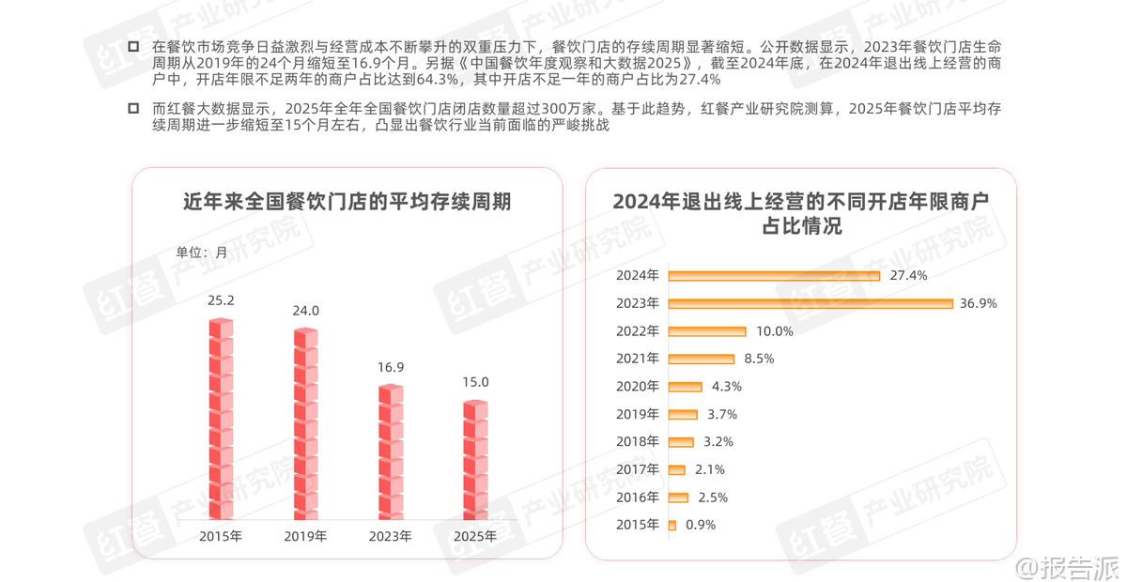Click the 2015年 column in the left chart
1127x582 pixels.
tap(221, 420)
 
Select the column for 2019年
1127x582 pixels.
tap(305, 424)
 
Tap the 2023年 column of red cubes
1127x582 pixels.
tap(391, 452)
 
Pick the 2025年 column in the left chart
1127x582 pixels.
tap(476, 460)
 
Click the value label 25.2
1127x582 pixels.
tap(221, 301)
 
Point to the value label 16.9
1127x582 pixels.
tap(391, 367)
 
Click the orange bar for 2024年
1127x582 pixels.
tap(774, 276)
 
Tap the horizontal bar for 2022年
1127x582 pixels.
tap(706, 331)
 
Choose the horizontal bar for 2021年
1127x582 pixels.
tap(701, 359)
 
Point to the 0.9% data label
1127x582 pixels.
tap(701, 525)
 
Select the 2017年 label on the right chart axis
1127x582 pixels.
tap(639, 469)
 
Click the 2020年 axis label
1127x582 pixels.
tap(639, 386)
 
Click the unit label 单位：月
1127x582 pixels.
tap(202, 252)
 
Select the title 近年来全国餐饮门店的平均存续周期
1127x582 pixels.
tap(347, 202)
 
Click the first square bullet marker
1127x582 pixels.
tap(133, 45)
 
